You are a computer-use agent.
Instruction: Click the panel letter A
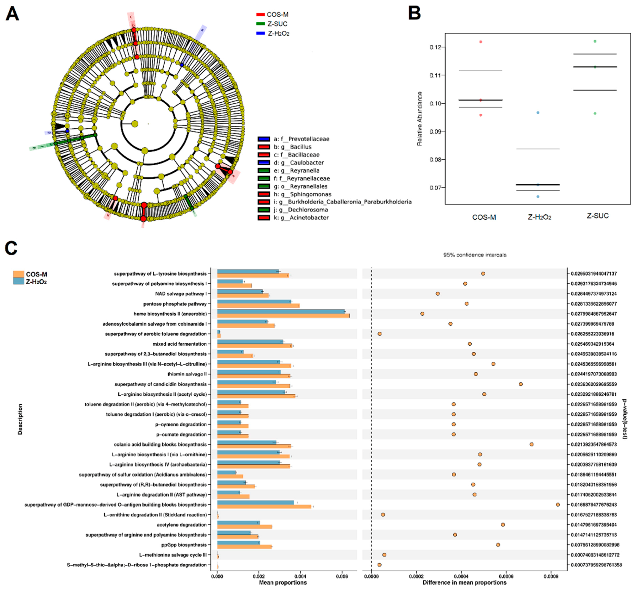(12, 14)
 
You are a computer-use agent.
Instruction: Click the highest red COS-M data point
(481, 42)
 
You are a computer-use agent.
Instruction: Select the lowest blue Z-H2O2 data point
(538, 196)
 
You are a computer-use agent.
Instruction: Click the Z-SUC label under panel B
(597, 216)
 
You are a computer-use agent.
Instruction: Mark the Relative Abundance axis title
(420, 119)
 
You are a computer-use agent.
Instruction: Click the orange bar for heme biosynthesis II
(283, 316)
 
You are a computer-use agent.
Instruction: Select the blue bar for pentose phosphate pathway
(254, 302)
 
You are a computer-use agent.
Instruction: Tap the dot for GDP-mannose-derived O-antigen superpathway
(558, 505)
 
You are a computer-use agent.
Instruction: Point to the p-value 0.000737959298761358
(596, 565)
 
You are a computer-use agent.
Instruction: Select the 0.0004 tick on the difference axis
(461, 576)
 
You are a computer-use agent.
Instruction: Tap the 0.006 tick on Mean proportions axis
(342, 576)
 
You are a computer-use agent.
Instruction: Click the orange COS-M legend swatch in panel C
(19, 274)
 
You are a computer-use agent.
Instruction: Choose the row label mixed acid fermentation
(179, 344)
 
